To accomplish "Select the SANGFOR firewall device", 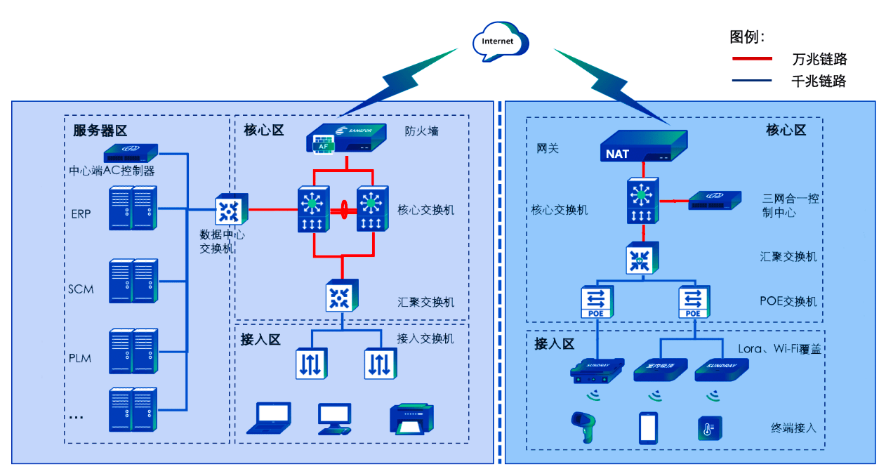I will pyautogui.click(x=347, y=138).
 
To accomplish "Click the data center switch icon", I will pyautogui.click(x=228, y=209).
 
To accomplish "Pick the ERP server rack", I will pyautogui.click(x=133, y=209).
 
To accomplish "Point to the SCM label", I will pyautogui.click(x=81, y=289).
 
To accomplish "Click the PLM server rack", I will pyautogui.click(x=133, y=350).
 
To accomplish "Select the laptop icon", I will pyautogui.click(x=272, y=418).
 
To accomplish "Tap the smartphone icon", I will pyautogui.click(x=648, y=428).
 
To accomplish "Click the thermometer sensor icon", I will pyautogui.click(x=710, y=428).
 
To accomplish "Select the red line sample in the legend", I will pyautogui.click(x=752, y=59).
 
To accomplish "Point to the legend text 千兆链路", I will pyautogui.click(x=819, y=81).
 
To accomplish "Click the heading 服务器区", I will pyautogui.click(x=100, y=131).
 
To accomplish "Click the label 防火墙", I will pyautogui.click(x=421, y=131).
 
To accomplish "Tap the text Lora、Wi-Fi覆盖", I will pyautogui.click(x=779, y=348).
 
